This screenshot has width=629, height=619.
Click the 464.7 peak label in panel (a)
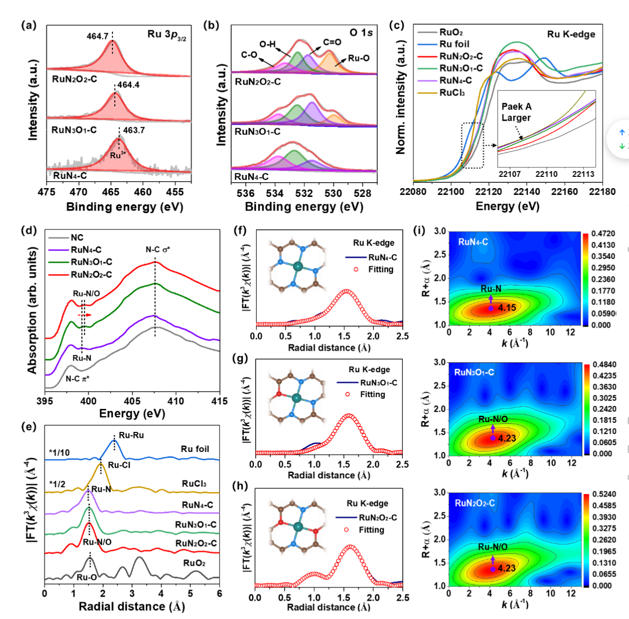pos(98,36)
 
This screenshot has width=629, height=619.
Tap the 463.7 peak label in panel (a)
pos(134,130)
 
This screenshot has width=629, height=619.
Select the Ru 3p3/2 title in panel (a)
pos(167,35)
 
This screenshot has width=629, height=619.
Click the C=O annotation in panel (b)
pos(332,43)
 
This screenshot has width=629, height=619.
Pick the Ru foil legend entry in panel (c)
pos(454,44)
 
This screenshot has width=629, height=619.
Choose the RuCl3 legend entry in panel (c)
pos(452,93)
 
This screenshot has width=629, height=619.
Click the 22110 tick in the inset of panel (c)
pos(546,174)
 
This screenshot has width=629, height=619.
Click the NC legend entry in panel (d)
pos(77,237)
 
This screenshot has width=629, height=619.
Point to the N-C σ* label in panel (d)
pos(157,250)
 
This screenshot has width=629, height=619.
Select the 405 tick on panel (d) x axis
pos(132,401)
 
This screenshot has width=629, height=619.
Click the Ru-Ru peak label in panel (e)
pos(131,435)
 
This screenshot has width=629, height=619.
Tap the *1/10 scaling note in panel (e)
pos(59,453)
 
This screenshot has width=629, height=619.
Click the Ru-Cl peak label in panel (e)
pos(119,465)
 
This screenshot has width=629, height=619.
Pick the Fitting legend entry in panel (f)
pos(380,269)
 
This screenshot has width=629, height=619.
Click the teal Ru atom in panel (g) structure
pos(297,398)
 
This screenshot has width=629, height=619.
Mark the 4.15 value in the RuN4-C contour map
pos(507,308)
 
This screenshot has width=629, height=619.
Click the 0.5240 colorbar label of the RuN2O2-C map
pos(604,494)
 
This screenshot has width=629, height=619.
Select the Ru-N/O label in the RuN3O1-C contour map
pos(493,419)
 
